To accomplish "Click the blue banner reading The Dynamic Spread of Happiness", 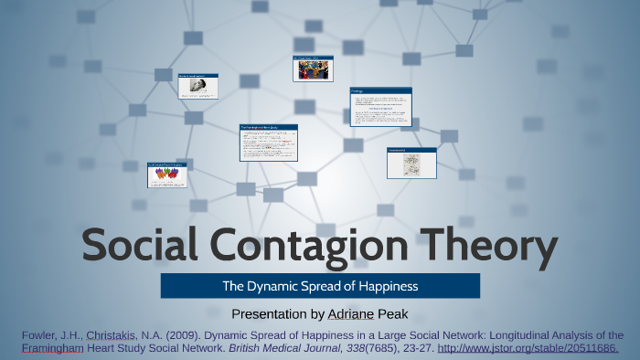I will pyautogui.click(x=320, y=286).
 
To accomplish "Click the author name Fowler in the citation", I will pyautogui.click(x=40, y=334).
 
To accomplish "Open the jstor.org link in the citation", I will pyautogui.click(x=528, y=348).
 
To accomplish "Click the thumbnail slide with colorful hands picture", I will pyautogui.click(x=166, y=173).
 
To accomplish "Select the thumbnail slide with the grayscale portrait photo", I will pyautogui.click(x=197, y=86).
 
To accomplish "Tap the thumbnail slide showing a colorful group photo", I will pyautogui.click(x=313, y=69).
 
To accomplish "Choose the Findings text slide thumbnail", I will pyautogui.click(x=380, y=107).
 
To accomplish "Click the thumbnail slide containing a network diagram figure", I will pyautogui.click(x=411, y=162).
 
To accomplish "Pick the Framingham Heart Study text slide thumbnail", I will pyautogui.click(x=269, y=143).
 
